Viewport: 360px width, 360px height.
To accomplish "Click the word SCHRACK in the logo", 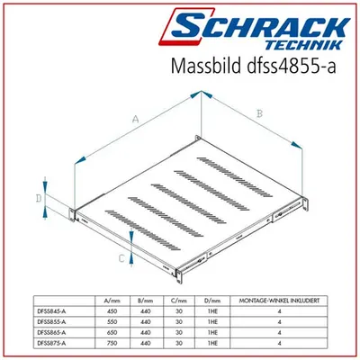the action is pos(259,26).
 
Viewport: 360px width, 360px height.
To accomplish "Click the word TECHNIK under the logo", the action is pos(303,45).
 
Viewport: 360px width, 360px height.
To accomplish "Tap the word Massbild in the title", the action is pos(206,65).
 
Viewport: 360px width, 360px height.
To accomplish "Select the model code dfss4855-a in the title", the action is pos(291,66).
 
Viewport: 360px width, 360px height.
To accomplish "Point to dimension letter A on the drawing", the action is pos(136,119).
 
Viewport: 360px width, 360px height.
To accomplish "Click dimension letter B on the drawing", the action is pos(259,113).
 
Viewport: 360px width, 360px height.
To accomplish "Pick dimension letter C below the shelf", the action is pos(121,258).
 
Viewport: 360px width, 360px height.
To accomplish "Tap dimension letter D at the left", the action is pos(39,198).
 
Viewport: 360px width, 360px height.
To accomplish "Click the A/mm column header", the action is pos(112,301).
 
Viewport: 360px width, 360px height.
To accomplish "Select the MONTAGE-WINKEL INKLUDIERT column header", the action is pos(279,301).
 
